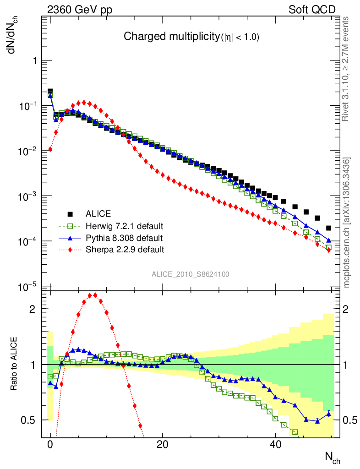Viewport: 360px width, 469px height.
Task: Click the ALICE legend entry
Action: tap(98, 213)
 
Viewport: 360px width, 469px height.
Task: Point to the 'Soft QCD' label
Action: tap(312, 10)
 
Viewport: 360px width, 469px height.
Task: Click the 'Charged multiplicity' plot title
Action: tap(191, 37)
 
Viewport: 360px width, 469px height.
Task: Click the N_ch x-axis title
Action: tap(333, 458)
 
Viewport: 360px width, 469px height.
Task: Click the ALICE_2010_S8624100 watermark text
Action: tap(191, 274)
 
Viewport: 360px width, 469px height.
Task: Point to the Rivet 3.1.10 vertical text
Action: tap(346, 69)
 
